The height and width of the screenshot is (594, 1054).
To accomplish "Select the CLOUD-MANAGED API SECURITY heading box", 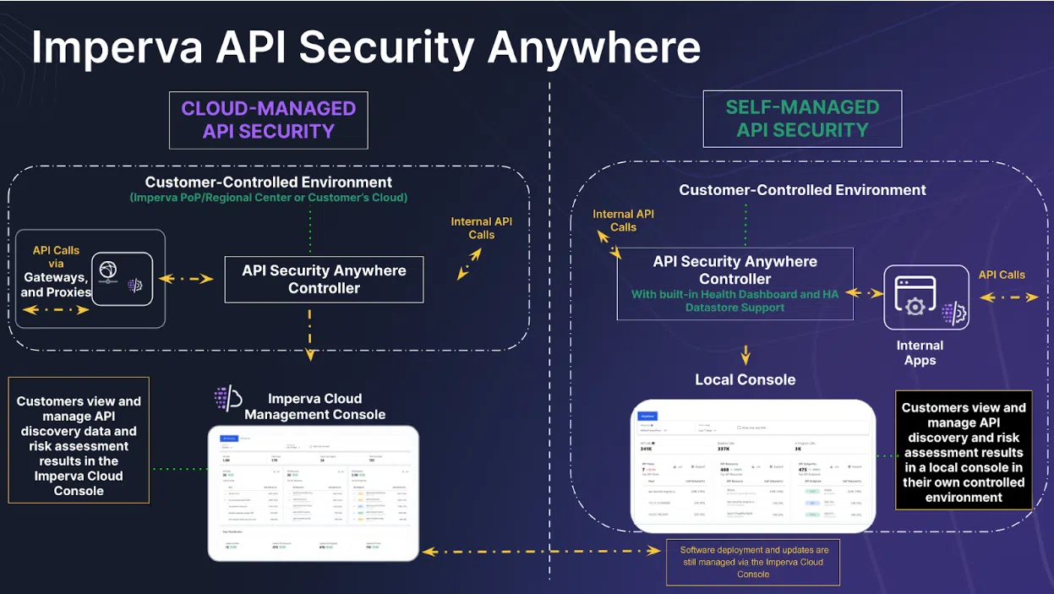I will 268,120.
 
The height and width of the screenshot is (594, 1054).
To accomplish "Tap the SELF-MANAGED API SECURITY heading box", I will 802,119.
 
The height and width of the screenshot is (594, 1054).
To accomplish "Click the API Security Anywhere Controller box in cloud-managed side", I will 324,280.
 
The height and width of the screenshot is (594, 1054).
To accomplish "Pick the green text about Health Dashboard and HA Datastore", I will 735,302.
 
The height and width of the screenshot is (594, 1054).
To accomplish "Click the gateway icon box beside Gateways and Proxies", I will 122,279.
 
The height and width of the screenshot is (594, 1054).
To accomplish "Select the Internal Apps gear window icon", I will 926,297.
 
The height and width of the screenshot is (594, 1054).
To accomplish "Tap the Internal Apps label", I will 920,353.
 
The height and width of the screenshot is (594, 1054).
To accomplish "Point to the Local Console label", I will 745,380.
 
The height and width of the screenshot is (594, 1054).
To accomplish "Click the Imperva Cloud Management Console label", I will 314,406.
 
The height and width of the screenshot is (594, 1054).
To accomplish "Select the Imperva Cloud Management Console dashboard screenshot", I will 314,493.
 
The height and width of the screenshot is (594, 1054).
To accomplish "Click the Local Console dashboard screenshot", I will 752,466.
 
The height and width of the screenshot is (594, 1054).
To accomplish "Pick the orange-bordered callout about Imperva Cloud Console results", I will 79,440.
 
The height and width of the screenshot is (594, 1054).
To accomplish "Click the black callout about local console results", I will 964,452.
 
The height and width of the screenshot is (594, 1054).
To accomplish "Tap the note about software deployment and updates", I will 753,562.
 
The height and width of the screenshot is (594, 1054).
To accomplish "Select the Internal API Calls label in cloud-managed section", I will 481,228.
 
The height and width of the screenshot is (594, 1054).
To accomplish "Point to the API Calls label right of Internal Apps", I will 1002,275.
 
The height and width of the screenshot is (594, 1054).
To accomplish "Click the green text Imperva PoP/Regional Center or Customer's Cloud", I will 268,198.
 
